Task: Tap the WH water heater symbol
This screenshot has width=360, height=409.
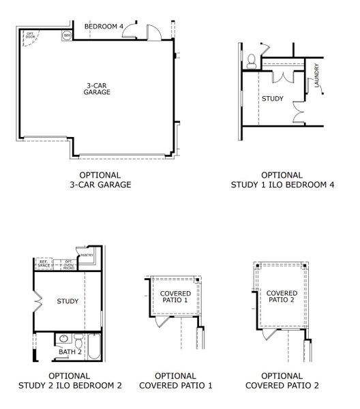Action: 67,35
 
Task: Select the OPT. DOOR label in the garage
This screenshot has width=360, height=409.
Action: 31,35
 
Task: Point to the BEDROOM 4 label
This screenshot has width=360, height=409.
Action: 104,27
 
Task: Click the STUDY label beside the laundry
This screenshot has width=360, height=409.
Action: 273,99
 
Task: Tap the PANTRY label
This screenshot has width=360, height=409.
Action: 86,256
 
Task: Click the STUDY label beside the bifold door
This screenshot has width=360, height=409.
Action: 67,301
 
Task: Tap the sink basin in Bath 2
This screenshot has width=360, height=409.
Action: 63,338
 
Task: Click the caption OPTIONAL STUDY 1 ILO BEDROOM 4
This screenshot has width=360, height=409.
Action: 282,179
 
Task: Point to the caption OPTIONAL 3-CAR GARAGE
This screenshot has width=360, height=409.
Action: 100,179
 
